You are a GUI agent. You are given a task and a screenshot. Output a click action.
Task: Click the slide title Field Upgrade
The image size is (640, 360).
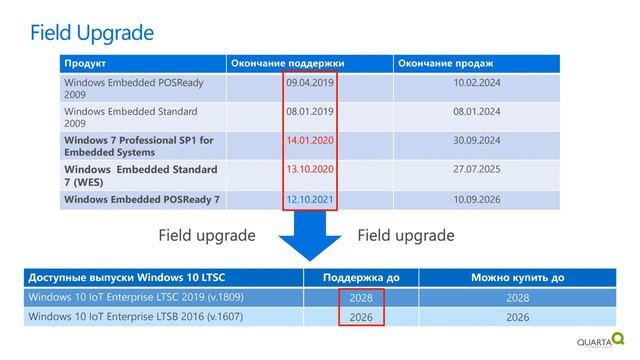pos(92,33)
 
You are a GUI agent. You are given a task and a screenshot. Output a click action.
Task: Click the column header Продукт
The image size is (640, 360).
pos(85,64)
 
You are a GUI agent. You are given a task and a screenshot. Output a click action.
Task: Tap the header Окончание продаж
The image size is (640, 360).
pos(445,64)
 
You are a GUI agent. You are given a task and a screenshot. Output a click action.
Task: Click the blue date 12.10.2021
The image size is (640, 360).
pos(309,199)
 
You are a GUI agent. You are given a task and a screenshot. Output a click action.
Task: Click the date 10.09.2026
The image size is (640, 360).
pos(477,199)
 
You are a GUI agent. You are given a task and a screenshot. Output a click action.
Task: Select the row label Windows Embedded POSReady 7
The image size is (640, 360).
pos(141,199)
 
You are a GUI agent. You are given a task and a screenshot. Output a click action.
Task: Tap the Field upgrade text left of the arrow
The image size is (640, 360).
pos(208,236)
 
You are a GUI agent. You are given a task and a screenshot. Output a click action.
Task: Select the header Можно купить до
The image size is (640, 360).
pos(518,277)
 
